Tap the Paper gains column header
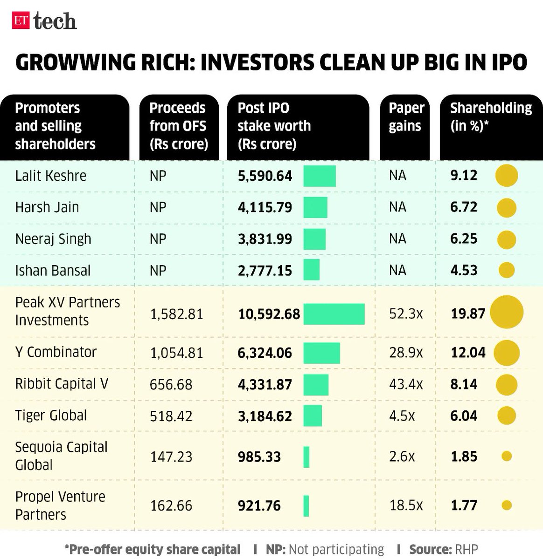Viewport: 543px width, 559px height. point(406,117)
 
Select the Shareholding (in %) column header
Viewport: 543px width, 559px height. point(490,117)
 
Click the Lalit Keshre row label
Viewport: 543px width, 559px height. point(51,176)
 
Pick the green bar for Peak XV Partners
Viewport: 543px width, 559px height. point(334,314)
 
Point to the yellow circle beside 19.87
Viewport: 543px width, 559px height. point(506,312)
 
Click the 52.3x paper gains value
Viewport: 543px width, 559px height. point(406,314)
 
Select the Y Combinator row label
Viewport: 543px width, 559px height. point(56,352)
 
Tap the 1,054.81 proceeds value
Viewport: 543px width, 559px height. point(176,353)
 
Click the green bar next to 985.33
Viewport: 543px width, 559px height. point(306,457)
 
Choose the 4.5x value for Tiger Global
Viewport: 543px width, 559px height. point(402,416)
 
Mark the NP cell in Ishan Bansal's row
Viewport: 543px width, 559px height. point(158,271)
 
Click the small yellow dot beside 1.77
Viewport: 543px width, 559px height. point(506,505)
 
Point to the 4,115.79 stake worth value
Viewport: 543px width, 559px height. point(265,207)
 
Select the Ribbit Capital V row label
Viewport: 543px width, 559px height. point(62,384)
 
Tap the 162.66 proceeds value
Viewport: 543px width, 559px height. point(171,506)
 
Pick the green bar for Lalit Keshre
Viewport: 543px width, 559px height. point(319,176)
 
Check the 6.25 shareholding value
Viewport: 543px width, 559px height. point(463,239)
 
